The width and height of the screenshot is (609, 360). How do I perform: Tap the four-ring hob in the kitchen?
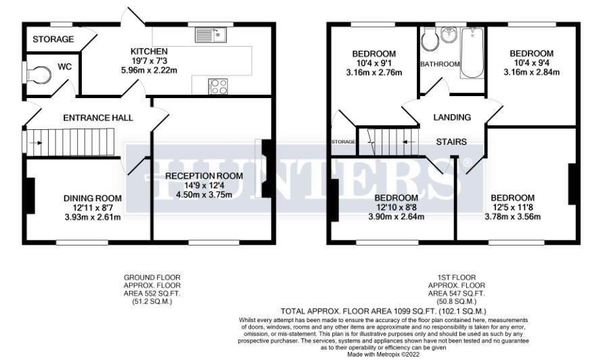pyautogui.click(x=218, y=86)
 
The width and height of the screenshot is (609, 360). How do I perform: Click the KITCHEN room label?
pyautogui.click(x=149, y=51)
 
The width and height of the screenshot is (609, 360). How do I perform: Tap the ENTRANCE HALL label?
pyautogui.click(x=98, y=118)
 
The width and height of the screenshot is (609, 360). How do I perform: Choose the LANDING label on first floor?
pyautogui.click(x=452, y=117)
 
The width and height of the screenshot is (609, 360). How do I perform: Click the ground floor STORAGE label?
pyautogui.click(x=53, y=39)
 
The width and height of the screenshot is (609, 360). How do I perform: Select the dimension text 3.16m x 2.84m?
pyautogui.click(x=531, y=72)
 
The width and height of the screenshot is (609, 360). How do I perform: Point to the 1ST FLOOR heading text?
pyautogui.click(x=457, y=277)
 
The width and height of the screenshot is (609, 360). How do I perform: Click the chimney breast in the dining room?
pyautogui.click(x=29, y=196)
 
